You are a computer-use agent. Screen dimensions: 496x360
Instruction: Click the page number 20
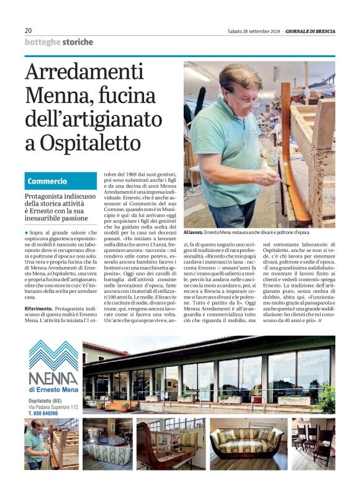(x=29, y=30)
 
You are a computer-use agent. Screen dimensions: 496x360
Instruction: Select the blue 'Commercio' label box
(x=61, y=181)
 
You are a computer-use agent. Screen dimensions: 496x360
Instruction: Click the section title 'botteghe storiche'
(x=59, y=42)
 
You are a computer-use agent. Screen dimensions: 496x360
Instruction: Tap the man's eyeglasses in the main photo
(x=244, y=96)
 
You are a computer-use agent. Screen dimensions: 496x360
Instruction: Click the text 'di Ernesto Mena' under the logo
(x=54, y=389)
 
